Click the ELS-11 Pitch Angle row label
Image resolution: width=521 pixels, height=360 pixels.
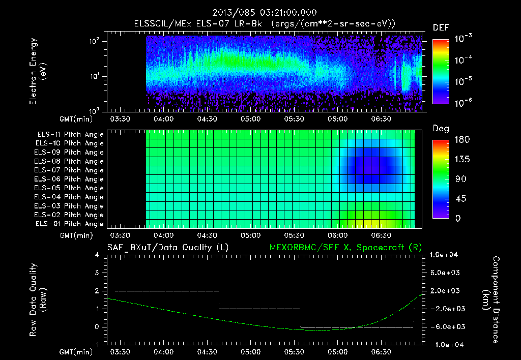[70, 135]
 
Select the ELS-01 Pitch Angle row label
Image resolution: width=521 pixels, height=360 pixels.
[70, 224]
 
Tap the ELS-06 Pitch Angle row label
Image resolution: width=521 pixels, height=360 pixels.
[70, 179]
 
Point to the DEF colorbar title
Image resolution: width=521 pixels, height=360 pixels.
[441, 28]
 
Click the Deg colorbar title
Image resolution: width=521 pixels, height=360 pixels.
[441, 129]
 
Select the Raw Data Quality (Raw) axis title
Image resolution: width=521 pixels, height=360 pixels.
[38, 299]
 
